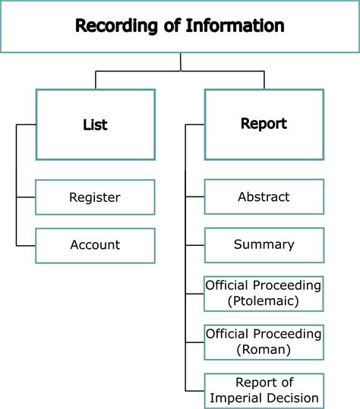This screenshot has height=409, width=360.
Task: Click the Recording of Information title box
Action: point(180,27)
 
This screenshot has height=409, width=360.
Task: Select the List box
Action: point(95,124)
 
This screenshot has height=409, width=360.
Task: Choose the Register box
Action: point(95,197)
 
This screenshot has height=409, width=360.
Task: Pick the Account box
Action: point(95,245)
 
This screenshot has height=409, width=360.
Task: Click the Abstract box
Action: point(264,197)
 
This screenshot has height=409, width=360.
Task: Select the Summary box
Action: point(264,245)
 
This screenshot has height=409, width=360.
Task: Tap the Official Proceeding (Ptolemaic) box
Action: point(264,293)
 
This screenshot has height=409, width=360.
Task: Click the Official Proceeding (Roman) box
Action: point(264,341)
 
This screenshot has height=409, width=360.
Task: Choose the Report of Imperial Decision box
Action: point(264,390)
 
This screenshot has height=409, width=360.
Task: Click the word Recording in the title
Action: point(112,27)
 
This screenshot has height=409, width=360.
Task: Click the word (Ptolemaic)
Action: point(264,301)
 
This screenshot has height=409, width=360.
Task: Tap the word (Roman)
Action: point(264,350)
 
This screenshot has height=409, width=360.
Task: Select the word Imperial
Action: point(238,398)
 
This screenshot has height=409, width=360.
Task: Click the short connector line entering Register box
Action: point(26,197)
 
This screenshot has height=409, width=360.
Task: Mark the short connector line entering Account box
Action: point(26,245)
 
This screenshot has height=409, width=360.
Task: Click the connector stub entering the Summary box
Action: point(195,245)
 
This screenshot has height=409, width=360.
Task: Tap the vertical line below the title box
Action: point(180,61)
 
